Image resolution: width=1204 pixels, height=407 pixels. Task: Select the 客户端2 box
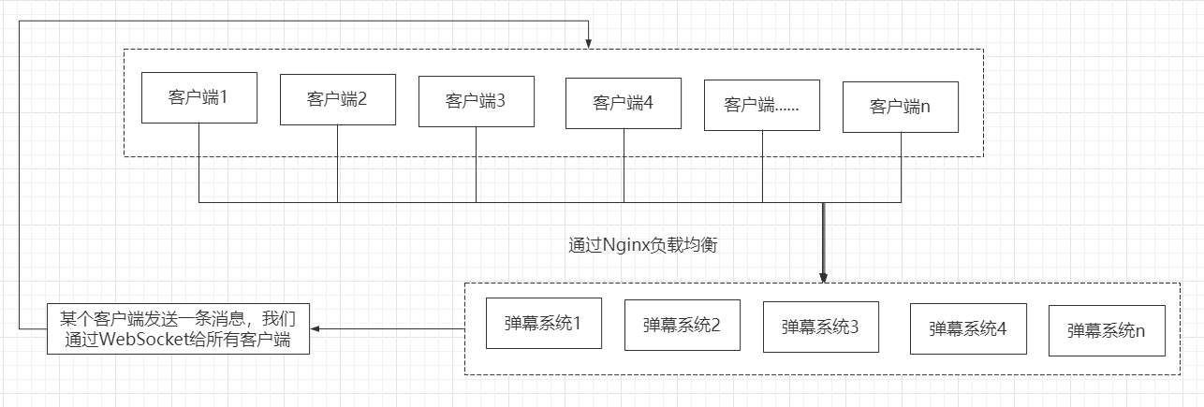coord(338,98)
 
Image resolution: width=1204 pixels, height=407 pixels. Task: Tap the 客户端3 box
coord(477,100)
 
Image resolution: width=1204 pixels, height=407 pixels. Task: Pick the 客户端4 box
coord(624,102)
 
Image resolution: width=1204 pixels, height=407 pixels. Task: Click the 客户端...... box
coord(762,104)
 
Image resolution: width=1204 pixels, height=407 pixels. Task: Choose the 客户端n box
coord(901,106)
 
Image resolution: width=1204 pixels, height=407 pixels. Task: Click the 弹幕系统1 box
coord(544,323)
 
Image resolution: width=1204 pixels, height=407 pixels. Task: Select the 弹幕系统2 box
coord(683,325)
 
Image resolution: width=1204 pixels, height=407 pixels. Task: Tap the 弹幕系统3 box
coord(821,327)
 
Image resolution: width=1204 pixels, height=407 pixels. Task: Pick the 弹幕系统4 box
coord(968,328)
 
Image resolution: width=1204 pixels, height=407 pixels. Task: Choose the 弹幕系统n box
coord(1107,330)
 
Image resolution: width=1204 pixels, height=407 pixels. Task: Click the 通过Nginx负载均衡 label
coord(643,245)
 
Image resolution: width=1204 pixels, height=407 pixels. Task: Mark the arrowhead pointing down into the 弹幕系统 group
coord(823,276)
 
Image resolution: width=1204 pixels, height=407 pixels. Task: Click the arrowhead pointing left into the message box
coord(316,328)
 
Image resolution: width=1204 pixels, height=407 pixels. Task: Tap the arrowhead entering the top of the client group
coord(588,43)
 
